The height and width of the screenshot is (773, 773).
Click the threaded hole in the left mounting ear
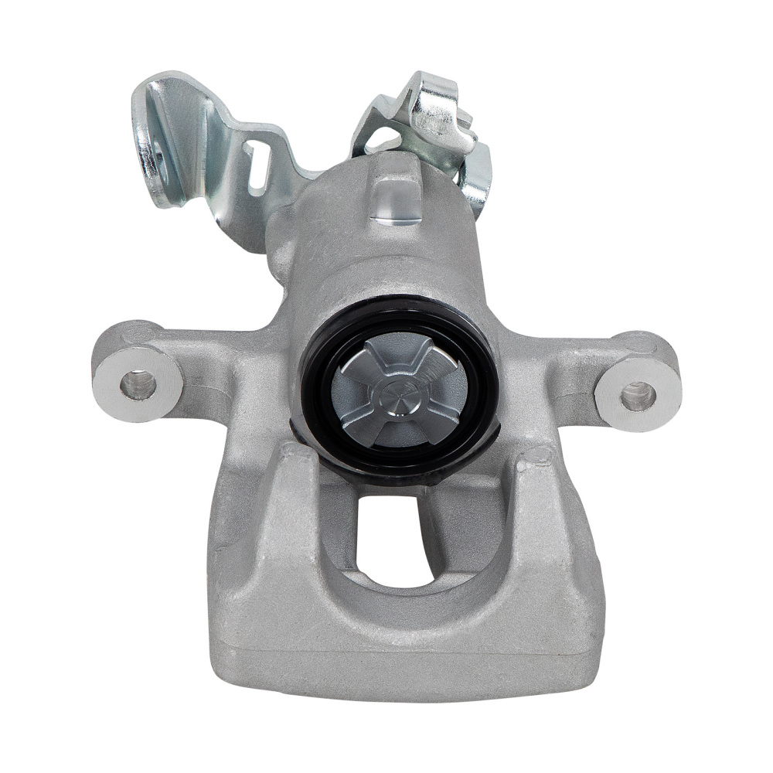(x=138, y=384)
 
